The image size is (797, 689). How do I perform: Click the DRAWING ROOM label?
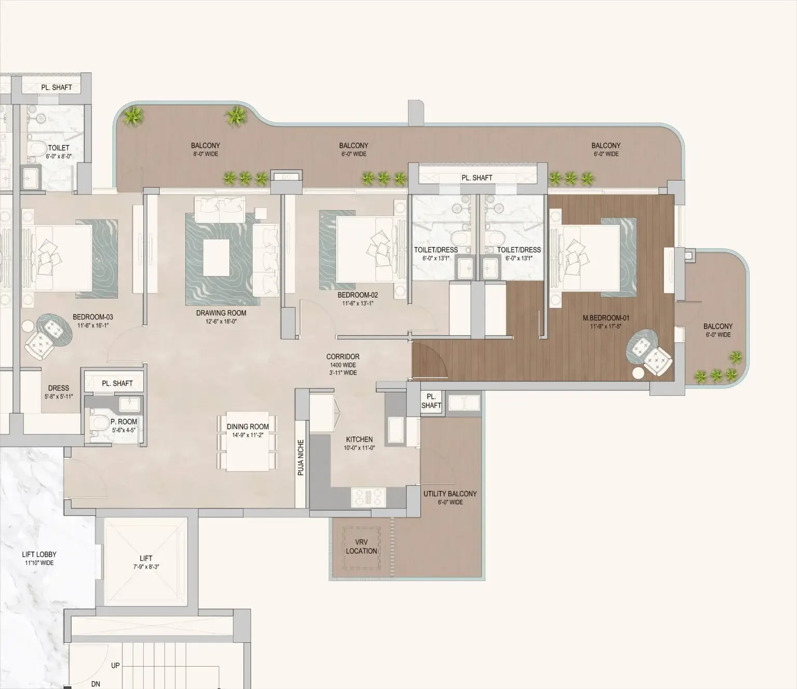(x=221, y=313)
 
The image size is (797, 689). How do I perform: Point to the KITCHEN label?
(x=359, y=439)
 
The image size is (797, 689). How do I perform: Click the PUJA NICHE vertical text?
(x=301, y=458)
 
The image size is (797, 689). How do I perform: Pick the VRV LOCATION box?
(x=362, y=546)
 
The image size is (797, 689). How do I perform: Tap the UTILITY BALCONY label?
(x=450, y=494)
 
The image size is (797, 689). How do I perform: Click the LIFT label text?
(x=146, y=559)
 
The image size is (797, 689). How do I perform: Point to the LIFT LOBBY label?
(x=39, y=555)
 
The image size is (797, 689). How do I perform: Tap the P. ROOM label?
(x=123, y=422)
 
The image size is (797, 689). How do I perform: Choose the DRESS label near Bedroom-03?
(x=59, y=388)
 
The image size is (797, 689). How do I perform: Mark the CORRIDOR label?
(x=342, y=357)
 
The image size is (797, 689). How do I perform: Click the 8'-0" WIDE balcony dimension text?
(x=205, y=154)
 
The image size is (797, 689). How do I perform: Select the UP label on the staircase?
(x=115, y=665)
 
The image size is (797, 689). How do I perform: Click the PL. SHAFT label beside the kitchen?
(x=431, y=402)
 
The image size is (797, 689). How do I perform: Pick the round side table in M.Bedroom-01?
(x=638, y=372)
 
